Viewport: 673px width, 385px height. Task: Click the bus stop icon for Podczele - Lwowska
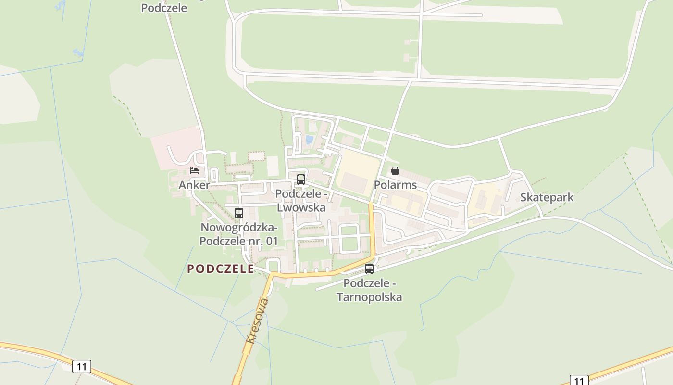click(301, 180)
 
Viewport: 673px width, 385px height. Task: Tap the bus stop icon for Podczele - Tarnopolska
click(369, 269)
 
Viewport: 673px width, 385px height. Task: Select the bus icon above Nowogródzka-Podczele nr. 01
click(239, 213)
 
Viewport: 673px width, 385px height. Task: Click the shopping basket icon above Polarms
click(395, 171)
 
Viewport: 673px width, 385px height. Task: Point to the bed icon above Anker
click(194, 170)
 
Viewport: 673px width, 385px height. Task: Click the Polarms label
click(395, 185)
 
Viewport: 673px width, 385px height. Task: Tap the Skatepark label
click(547, 197)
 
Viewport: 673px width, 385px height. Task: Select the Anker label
click(194, 185)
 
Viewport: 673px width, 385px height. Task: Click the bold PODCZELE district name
click(221, 269)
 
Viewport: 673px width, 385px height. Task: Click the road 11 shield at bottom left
click(82, 367)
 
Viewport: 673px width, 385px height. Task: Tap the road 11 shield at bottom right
click(579, 381)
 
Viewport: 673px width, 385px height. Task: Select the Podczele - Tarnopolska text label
click(369, 290)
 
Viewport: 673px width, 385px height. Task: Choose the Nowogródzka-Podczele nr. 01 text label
click(238, 234)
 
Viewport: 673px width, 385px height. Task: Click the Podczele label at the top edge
click(164, 8)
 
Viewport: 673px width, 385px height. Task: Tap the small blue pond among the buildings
click(309, 140)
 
